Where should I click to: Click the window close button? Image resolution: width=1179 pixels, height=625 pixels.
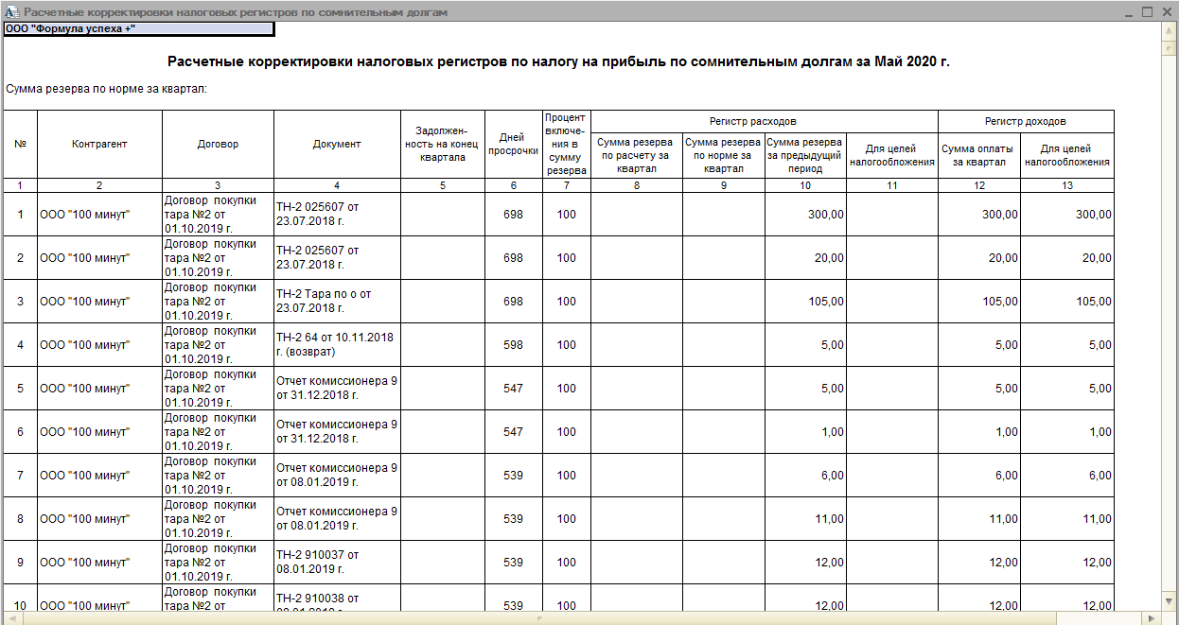click(x=1167, y=12)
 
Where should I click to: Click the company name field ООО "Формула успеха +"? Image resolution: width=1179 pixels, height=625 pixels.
click(x=138, y=28)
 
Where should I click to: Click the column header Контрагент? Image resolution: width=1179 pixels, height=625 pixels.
click(x=99, y=144)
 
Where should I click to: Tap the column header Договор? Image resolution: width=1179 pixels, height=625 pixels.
click(x=218, y=144)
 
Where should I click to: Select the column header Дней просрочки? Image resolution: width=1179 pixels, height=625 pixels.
click(x=513, y=144)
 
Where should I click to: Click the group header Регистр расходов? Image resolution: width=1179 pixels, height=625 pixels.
click(x=752, y=121)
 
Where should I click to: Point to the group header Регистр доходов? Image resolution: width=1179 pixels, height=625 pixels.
click(x=1025, y=121)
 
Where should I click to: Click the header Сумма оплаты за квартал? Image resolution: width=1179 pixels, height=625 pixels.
click(x=978, y=155)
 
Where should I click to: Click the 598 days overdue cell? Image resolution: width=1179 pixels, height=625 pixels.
click(x=513, y=345)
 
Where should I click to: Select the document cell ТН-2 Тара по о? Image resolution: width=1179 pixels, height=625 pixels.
click(x=337, y=301)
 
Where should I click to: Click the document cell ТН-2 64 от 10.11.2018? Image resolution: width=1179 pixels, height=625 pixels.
click(x=337, y=344)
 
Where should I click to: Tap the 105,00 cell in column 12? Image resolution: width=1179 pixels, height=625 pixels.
click(x=978, y=302)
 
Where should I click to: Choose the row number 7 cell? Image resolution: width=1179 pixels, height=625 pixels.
click(x=20, y=476)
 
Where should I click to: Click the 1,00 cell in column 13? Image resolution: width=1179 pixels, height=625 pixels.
click(x=1067, y=432)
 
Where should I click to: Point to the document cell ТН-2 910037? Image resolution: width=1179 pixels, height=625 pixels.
click(x=337, y=562)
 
